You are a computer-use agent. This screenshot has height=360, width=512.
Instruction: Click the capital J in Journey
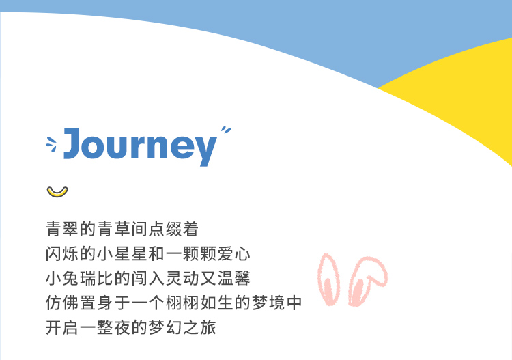pyautogui.click(x=72, y=143)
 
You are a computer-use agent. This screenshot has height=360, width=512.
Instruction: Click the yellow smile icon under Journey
pyautogui.click(x=57, y=192)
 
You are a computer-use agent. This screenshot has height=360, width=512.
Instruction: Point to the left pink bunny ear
pyautogui.click(x=328, y=279)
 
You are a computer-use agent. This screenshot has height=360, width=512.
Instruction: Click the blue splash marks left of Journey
pyautogui.click(x=51, y=144)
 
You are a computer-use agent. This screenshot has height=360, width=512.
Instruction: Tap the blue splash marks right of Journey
pyautogui.click(x=226, y=130)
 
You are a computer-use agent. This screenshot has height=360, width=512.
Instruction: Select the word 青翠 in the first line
pyautogui.click(x=62, y=229)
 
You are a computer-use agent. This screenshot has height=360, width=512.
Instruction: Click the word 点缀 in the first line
pyautogui.click(x=165, y=229)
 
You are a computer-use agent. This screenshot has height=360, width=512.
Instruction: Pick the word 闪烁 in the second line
pyautogui.click(x=62, y=254)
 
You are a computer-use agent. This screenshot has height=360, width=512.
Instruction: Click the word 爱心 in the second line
pyautogui.click(x=234, y=254)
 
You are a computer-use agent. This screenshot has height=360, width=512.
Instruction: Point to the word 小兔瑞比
pyautogui.click(x=79, y=278)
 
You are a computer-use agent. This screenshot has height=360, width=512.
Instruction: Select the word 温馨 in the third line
pyautogui.click(x=234, y=278)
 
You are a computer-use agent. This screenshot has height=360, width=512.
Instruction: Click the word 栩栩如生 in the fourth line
pyautogui.click(x=199, y=303)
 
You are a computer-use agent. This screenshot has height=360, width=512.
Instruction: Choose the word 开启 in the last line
pyautogui.click(x=62, y=327)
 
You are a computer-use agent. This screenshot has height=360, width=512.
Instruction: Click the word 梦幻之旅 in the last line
pyautogui.click(x=182, y=327)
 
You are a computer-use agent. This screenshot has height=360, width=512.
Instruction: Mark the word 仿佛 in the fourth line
pyautogui.click(x=62, y=303)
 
